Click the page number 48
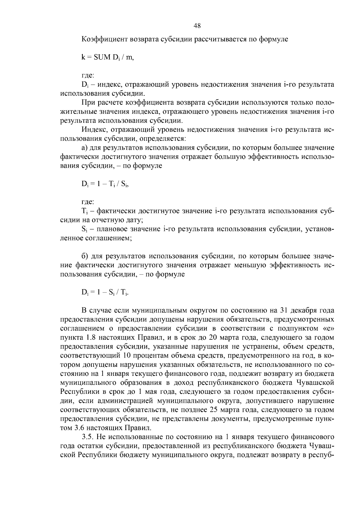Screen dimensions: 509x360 click(x=197, y=26)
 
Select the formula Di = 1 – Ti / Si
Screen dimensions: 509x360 click(x=105, y=184)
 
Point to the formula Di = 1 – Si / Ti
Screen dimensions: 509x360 click(x=105, y=292)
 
